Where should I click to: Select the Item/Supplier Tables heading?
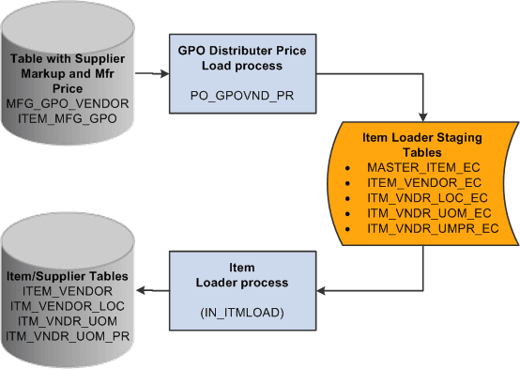(x=66, y=276)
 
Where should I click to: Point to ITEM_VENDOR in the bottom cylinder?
(x=65, y=291)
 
